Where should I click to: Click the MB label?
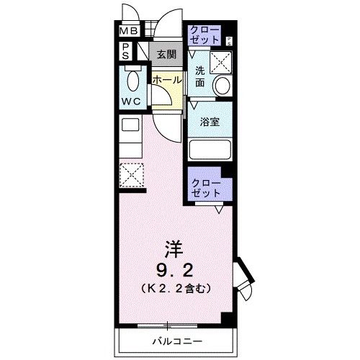128,32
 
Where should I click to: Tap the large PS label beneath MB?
125,51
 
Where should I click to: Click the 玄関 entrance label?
166,53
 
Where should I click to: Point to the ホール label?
166,80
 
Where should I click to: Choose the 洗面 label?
199,77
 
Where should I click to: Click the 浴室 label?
210,122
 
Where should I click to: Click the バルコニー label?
176,340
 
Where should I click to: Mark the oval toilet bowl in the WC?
132,78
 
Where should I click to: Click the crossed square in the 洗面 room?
220,64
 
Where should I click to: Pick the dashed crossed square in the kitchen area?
132,174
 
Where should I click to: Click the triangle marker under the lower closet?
217,210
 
